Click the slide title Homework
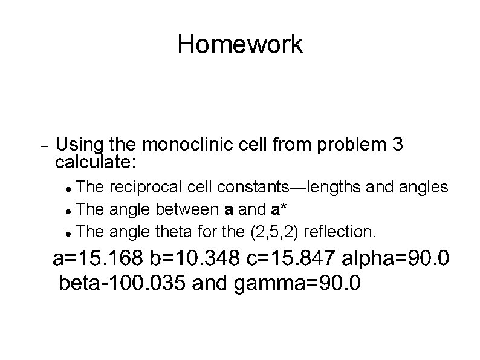[240, 45]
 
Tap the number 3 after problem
[397, 145]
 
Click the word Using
[80, 145]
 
